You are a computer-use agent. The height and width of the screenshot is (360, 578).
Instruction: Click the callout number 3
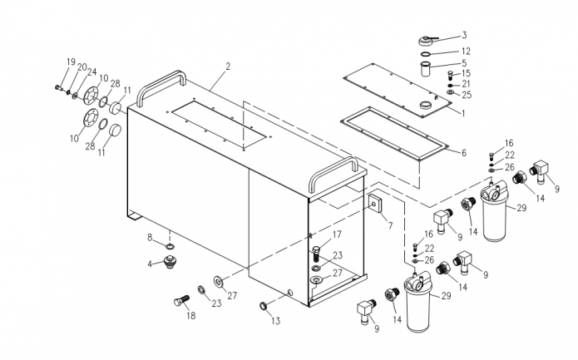point(464,35)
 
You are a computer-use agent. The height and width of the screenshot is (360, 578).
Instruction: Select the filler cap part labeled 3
point(427,40)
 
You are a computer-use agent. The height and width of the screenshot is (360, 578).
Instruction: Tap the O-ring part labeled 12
point(426,55)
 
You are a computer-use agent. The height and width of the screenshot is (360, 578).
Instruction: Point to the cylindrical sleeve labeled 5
point(426,69)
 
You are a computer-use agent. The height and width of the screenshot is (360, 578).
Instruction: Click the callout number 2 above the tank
point(228,67)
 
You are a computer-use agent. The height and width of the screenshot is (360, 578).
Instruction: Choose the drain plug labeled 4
point(170,261)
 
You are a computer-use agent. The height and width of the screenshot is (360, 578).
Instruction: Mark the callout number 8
point(150,237)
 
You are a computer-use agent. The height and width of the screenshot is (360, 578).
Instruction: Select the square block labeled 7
point(375,204)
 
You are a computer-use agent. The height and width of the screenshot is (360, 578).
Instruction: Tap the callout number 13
point(276,321)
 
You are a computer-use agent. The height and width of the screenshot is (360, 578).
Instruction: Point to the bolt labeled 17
point(315,254)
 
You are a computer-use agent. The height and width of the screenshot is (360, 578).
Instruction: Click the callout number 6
point(464,152)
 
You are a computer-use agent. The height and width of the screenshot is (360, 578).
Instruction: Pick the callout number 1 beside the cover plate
point(463,113)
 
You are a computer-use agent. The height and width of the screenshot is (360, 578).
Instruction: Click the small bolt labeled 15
point(450,76)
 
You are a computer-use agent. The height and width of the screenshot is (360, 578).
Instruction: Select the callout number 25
point(467,95)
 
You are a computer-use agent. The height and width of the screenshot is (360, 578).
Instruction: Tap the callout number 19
point(71,62)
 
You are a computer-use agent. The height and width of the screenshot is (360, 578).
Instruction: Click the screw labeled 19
point(58,87)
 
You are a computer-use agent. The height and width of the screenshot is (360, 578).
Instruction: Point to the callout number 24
point(91,72)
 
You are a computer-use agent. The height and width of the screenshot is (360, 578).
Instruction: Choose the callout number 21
point(466,84)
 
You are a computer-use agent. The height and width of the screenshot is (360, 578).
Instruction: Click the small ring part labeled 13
point(264,305)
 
